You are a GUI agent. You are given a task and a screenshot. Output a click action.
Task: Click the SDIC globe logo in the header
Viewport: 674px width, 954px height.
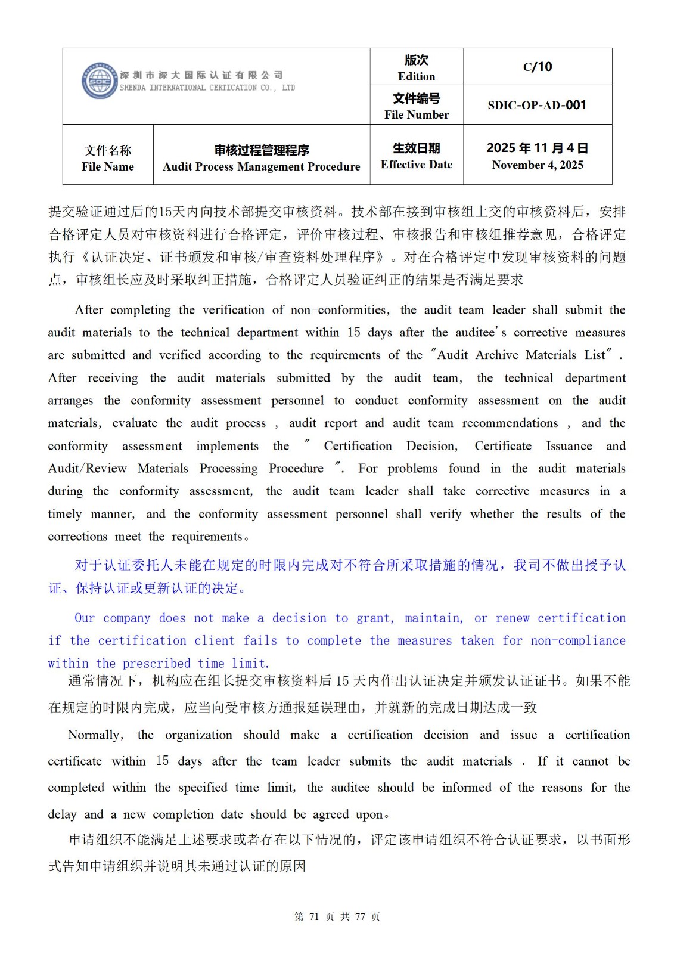pos(100,80)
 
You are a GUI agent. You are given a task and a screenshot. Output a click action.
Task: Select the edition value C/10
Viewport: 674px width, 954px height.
pos(538,67)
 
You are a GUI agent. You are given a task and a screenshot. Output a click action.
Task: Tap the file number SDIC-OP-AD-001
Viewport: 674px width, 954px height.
pos(537,105)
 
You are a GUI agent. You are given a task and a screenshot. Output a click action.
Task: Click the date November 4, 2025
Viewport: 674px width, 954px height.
pos(538,165)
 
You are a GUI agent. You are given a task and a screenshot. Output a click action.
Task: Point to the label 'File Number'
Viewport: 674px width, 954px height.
pos(417,115)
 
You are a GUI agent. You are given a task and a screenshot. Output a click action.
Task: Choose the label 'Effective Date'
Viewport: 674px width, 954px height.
pos(417,165)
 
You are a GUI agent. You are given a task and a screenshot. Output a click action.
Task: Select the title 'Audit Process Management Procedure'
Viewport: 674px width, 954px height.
pos(262,166)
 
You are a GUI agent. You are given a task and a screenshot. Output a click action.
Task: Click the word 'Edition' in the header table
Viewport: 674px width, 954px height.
pos(417,76)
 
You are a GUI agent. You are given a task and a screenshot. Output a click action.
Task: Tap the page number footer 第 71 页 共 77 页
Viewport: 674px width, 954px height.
pos(337,916)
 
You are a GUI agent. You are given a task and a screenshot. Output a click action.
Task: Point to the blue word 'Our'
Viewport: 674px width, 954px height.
pos(85,618)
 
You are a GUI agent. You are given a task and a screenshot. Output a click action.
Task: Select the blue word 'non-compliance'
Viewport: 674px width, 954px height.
pos(578,640)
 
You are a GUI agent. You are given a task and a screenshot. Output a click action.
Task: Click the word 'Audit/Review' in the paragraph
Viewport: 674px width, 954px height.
pos(87,469)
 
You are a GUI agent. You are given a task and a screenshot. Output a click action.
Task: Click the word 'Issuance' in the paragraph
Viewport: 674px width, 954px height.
pos(569,446)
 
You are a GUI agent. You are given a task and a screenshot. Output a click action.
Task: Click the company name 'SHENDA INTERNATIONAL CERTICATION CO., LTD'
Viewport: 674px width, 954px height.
pos(207,88)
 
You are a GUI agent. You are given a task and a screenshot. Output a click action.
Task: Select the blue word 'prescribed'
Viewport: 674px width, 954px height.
pos(156,663)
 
